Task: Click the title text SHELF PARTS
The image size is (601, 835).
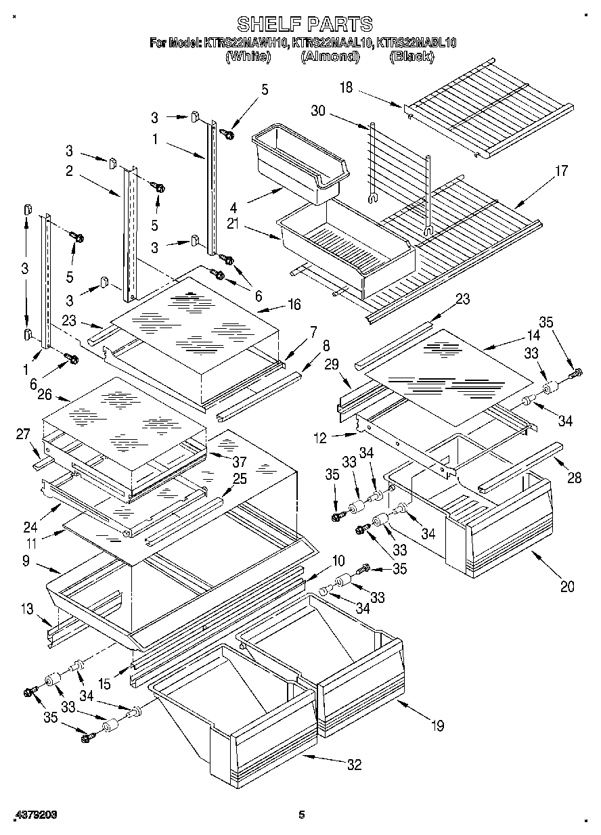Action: click(304, 24)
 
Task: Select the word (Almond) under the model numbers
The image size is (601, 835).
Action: click(330, 57)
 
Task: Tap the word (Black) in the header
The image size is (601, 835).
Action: click(411, 57)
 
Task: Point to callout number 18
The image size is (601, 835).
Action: click(347, 87)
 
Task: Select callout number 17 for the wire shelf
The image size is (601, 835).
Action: click(560, 171)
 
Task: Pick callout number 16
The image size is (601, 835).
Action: click(293, 305)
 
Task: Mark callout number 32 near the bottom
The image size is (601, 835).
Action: click(353, 765)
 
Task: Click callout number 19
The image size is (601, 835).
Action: click(437, 726)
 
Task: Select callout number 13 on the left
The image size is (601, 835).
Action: click(26, 608)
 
